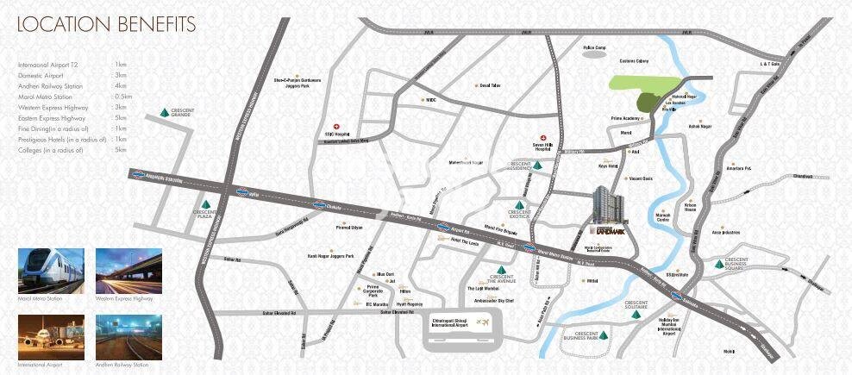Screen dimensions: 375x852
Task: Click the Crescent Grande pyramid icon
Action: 164,113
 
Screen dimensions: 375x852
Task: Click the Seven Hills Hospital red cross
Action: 543,138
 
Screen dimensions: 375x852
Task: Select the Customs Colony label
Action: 634,61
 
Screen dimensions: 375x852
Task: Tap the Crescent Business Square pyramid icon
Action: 719,263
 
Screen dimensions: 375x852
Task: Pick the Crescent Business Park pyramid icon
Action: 604,335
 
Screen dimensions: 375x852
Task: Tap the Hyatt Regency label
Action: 410,304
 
